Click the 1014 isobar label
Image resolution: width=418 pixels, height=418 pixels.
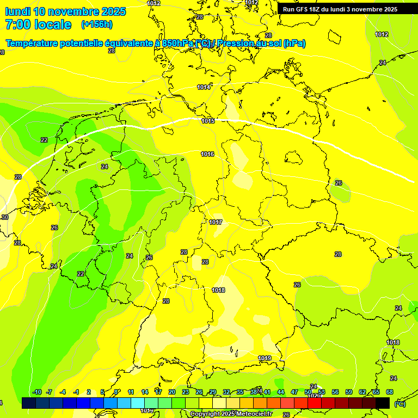tap(204, 87)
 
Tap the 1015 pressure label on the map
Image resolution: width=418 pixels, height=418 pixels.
tap(207, 121)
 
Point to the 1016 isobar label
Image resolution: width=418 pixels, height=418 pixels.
tap(207, 155)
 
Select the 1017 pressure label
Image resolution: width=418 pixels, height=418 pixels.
tap(216, 222)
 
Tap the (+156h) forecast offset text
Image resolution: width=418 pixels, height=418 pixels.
tap(97, 24)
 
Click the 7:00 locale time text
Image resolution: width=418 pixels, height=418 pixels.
tap(38, 24)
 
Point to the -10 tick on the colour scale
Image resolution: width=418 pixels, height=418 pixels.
tap(37, 392)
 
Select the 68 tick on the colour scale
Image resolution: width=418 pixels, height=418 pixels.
tap(390, 392)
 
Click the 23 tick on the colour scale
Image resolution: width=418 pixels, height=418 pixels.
tap(186, 392)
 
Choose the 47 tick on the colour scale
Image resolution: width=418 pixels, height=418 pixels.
tap(294, 392)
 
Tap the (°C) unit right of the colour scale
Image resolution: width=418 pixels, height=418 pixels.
tap(399, 404)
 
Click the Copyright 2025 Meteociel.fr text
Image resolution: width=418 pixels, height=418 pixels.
tap(231, 414)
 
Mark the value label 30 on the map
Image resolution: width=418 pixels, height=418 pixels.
tap(5, 217)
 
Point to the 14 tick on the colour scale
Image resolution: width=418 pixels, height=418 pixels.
tap(145, 392)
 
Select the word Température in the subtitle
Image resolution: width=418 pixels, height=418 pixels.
tap(32, 44)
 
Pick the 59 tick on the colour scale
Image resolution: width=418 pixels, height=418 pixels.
tap(349, 392)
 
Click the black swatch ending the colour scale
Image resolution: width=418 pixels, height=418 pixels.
tap(383, 403)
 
